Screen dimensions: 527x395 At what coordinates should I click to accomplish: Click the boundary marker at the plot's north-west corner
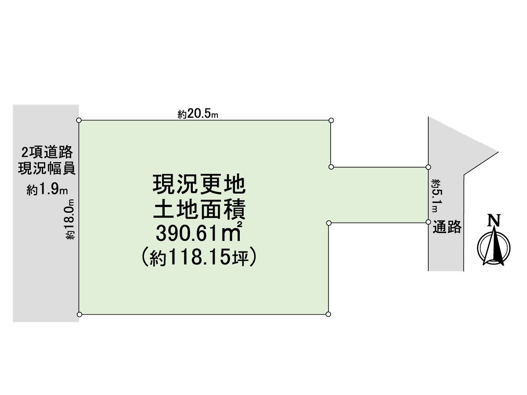click(x=79, y=120)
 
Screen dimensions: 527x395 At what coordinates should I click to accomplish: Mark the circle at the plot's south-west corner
click(x=79, y=314)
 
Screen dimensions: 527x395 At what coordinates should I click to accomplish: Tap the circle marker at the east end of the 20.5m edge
click(x=331, y=120)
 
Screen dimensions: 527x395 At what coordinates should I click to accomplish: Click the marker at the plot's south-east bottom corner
click(x=328, y=314)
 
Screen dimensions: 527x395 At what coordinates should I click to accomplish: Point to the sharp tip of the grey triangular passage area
click(x=498, y=152)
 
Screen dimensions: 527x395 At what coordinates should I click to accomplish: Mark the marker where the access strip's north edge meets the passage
click(x=428, y=167)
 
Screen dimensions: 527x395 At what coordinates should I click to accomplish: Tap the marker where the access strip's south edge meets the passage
click(x=428, y=222)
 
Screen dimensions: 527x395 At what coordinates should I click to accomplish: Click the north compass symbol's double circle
click(x=494, y=248)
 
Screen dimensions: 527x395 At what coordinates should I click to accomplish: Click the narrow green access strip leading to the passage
click(x=379, y=195)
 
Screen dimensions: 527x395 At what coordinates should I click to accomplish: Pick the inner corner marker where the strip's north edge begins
click(x=331, y=167)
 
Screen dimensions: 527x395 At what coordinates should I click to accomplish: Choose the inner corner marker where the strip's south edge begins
click(x=329, y=223)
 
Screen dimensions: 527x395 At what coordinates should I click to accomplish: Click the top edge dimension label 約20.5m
click(x=198, y=114)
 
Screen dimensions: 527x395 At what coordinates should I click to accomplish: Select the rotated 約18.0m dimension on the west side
click(x=70, y=219)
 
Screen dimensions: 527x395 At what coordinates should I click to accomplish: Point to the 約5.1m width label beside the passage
click(x=437, y=196)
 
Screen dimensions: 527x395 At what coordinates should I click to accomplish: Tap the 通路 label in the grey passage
click(x=447, y=227)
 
